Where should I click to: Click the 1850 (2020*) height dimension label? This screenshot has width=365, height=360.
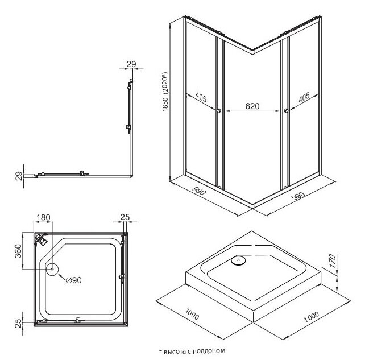click(165, 92)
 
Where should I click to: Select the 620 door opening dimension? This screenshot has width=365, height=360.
click(252, 106)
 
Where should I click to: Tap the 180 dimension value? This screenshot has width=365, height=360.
click(44, 217)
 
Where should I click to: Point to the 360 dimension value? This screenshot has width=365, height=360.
click(18, 251)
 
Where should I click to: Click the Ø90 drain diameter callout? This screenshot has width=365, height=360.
click(73, 280)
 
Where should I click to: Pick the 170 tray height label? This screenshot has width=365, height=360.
click(333, 261)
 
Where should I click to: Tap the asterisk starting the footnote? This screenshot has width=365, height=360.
click(160, 350)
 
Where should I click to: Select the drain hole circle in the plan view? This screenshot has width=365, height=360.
click(52, 269)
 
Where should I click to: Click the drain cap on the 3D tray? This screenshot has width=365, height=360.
click(238, 260)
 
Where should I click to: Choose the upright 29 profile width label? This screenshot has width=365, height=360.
click(131, 64)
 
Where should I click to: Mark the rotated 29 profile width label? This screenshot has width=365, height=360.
click(19, 176)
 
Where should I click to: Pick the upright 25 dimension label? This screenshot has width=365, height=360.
click(125, 217)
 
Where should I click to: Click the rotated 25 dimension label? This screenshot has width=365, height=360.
click(18, 324)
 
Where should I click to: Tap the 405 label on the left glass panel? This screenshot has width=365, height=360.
click(201, 97)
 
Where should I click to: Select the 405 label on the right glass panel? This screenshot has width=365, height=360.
click(304, 97)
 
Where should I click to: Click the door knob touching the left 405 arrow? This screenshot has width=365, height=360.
click(218, 111)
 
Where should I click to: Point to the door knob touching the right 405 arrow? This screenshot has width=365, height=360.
click(286, 111)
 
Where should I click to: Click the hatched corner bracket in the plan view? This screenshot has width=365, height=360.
click(41, 239)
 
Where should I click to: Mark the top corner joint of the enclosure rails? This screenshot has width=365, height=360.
click(253, 51)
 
